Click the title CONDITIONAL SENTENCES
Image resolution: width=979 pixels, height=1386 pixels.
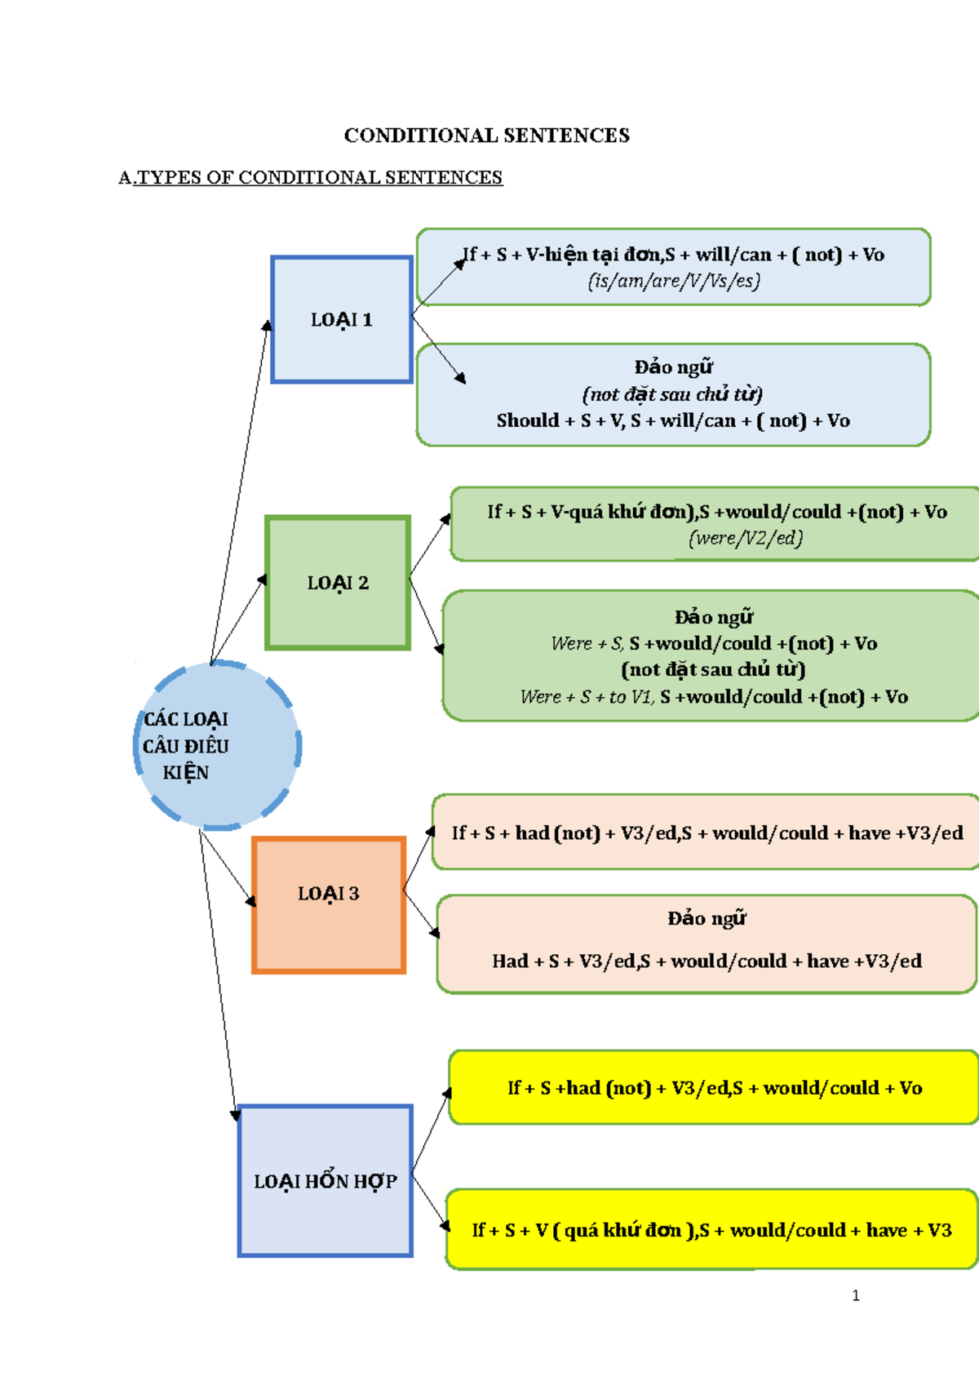[486, 135]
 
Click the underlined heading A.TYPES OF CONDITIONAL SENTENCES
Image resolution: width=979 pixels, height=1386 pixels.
[310, 178]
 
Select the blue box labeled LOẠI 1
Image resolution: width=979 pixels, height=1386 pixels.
[341, 320]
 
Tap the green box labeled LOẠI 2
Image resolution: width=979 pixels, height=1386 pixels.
[338, 583]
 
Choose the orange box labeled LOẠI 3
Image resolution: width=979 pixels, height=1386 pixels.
[328, 894]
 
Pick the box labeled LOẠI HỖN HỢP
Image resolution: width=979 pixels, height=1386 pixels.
[325, 1181]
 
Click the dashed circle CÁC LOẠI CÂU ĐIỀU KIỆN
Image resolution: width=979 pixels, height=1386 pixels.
[217, 745]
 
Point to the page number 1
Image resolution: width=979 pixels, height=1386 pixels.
[855, 1295]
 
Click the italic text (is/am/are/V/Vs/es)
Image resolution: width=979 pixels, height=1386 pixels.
[674, 282]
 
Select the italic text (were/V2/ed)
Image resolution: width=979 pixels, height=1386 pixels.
[746, 539]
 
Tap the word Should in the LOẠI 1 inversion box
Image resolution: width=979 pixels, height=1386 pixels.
[527, 421]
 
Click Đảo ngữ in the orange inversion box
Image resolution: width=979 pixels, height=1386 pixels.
[707, 919]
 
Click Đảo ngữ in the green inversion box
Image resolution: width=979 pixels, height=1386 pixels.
[713, 618]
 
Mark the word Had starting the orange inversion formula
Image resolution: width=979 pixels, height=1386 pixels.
[510, 962]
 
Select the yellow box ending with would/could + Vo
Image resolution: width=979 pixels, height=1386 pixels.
[714, 1088]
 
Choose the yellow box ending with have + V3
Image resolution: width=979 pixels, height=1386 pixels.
[711, 1230]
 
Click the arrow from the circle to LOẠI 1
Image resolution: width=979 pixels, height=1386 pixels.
[239, 490]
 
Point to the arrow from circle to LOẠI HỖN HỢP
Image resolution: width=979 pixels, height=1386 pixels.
[218, 971]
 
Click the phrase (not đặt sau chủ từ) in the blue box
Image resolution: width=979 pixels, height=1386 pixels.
[672, 395]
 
